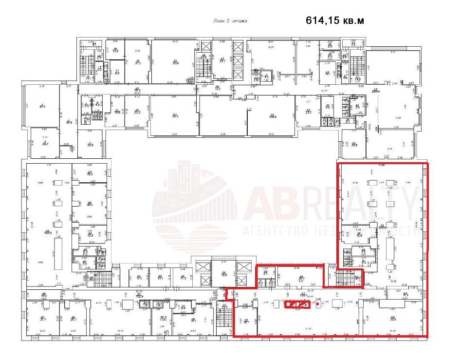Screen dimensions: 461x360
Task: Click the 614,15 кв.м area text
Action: click(334, 20)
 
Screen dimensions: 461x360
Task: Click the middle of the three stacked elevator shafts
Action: click(238, 61)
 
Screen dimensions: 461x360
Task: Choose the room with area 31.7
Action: click(43, 319)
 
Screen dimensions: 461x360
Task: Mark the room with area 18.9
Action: click(225, 275)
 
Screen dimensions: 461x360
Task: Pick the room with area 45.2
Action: click(90, 204)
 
